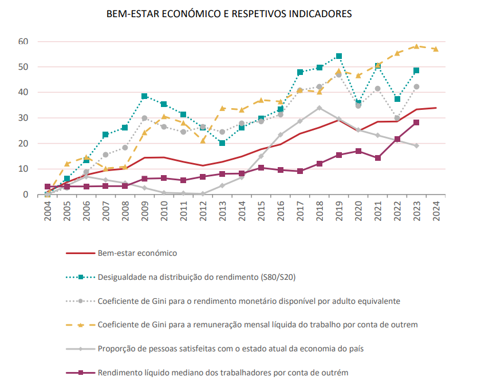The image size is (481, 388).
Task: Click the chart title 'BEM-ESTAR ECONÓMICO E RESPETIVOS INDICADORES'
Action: tap(229, 13)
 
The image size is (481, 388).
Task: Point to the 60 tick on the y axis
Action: tap(23, 41)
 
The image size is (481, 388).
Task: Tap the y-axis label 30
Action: tap(23, 118)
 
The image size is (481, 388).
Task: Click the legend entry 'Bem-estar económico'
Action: tap(137, 253)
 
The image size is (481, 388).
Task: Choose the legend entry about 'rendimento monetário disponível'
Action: tap(249, 300)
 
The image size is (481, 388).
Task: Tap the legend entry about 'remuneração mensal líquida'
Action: tap(258, 324)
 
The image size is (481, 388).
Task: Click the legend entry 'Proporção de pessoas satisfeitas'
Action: tap(232, 349)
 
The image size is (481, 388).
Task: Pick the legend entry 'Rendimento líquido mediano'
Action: tap(223, 373)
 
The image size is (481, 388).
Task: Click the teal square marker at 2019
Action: tap(339, 57)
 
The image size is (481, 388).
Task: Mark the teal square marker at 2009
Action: tap(144, 96)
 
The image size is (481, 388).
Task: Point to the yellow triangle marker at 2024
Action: tap(436, 49)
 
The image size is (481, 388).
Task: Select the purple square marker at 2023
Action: tap(416, 122)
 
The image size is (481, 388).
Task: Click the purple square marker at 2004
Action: tap(48, 187)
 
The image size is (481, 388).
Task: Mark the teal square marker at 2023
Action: tap(416, 70)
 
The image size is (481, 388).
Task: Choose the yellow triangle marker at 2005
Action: tap(67, 164)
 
